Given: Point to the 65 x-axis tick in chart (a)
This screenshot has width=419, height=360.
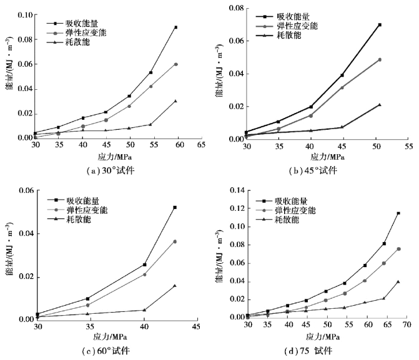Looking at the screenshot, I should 201,144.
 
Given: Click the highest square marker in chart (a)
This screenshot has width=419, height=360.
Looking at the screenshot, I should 176,27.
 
